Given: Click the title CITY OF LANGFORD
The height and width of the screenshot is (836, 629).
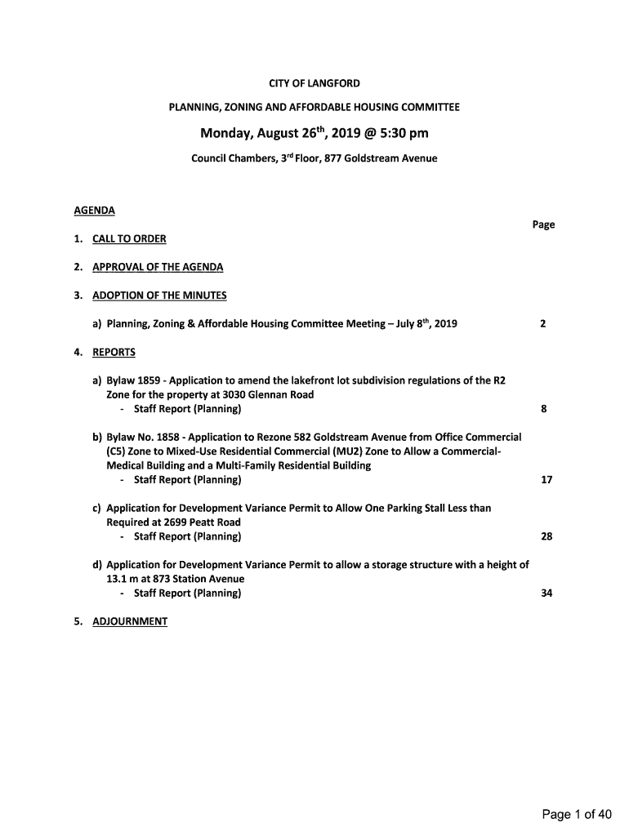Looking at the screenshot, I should (314, 83).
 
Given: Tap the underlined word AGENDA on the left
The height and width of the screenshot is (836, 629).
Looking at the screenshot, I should (94, 211).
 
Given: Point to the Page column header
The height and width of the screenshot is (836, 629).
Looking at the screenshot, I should (543, 225).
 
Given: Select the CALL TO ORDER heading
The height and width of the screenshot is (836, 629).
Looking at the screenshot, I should (129, 239).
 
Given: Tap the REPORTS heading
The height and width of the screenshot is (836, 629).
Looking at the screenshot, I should (114, 353).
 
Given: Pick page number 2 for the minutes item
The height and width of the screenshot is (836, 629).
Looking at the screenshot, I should (543, 324).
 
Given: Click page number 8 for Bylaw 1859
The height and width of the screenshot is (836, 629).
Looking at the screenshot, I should (543, 409).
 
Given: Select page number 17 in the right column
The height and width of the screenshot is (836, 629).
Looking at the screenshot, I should (546, 480).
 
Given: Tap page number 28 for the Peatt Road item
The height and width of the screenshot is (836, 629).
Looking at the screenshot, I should (546, 536).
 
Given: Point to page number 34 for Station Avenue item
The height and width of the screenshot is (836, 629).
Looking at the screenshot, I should (546, 594).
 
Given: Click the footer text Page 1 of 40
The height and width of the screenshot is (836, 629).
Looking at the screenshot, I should (577, 814).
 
